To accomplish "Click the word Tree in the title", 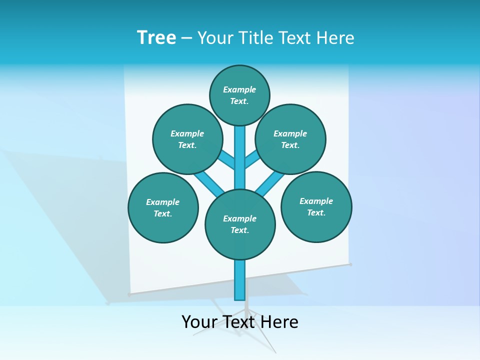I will (156, 37).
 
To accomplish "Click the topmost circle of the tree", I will (239, 95).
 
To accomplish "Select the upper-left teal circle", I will (187, 139).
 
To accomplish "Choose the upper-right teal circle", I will (290, 139).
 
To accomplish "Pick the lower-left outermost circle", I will (163, 207).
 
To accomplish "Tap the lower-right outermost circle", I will (316, 206).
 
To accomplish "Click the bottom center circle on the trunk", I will (240, 224).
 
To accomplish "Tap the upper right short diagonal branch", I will (251, 158).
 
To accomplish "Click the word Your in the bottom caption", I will (199, 322).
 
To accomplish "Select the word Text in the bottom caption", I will (238, 322).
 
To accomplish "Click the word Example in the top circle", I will (239, 89).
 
